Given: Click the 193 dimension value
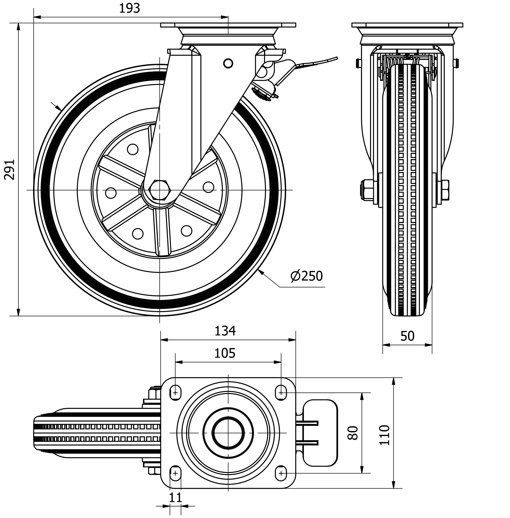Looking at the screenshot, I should (129, 9).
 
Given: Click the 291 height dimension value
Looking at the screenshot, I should (10, 170).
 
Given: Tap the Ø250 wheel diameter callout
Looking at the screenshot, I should (307, 276).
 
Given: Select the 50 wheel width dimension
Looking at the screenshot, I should (407, 336).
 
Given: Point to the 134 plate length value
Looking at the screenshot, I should (225, 331).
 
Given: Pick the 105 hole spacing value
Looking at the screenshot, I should (225, 353).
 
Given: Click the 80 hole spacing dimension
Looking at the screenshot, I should (353, 433).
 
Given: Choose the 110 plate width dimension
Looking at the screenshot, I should (385, 435).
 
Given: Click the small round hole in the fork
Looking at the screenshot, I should (228, 64).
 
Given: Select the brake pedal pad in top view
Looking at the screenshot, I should (320, 433).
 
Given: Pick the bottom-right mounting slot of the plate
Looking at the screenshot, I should (281, 473).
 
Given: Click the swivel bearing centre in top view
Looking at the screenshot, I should (228, 433).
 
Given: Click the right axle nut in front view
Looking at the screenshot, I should (445, 190).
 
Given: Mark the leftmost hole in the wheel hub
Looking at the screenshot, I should (111, 193).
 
